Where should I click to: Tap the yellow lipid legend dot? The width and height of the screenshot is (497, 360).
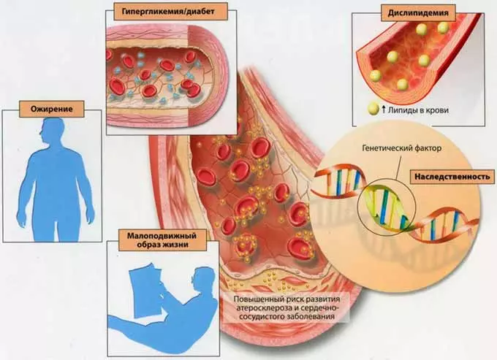click(373, 111)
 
